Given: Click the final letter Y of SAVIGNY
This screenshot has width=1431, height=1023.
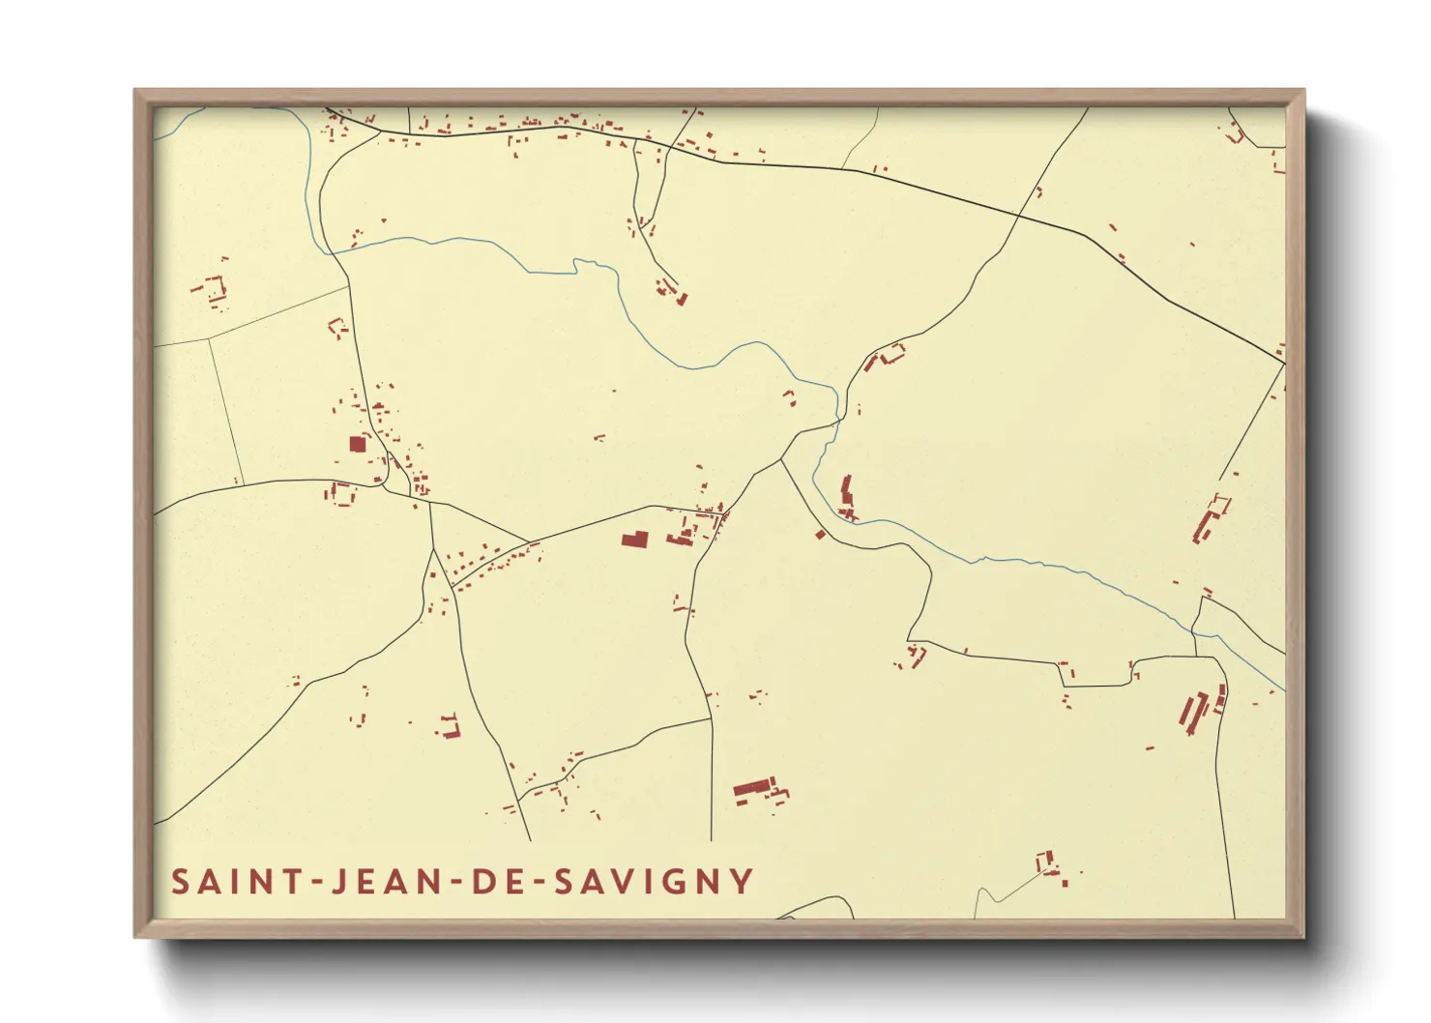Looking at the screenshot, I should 742,882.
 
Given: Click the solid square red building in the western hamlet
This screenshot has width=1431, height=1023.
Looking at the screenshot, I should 358,444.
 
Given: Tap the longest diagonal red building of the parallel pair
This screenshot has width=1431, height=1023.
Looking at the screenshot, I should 1187,715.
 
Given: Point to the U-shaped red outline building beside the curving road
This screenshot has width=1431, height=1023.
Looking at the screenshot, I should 891,353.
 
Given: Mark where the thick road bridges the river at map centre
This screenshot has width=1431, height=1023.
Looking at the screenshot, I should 837,423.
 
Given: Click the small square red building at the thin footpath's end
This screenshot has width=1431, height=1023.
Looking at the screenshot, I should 1044,861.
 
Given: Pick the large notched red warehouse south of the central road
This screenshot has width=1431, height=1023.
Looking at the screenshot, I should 634,539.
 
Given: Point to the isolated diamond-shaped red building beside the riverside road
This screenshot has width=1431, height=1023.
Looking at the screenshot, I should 820,534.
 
